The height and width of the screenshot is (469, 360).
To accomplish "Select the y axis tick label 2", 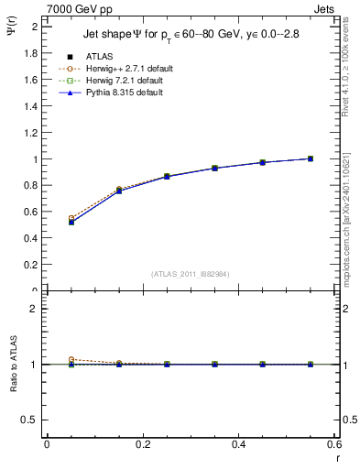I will click(35, 27).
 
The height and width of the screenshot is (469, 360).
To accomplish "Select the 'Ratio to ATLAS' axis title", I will click(13, 365).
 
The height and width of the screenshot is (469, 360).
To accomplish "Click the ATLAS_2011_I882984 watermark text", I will click(191, 273).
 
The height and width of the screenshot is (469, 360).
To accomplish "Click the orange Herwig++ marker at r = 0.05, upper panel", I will click(71, 219).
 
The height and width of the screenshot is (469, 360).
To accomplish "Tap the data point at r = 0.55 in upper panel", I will click(311, 158).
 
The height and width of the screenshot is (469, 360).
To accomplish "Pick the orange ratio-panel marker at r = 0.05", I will click(71, 360).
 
